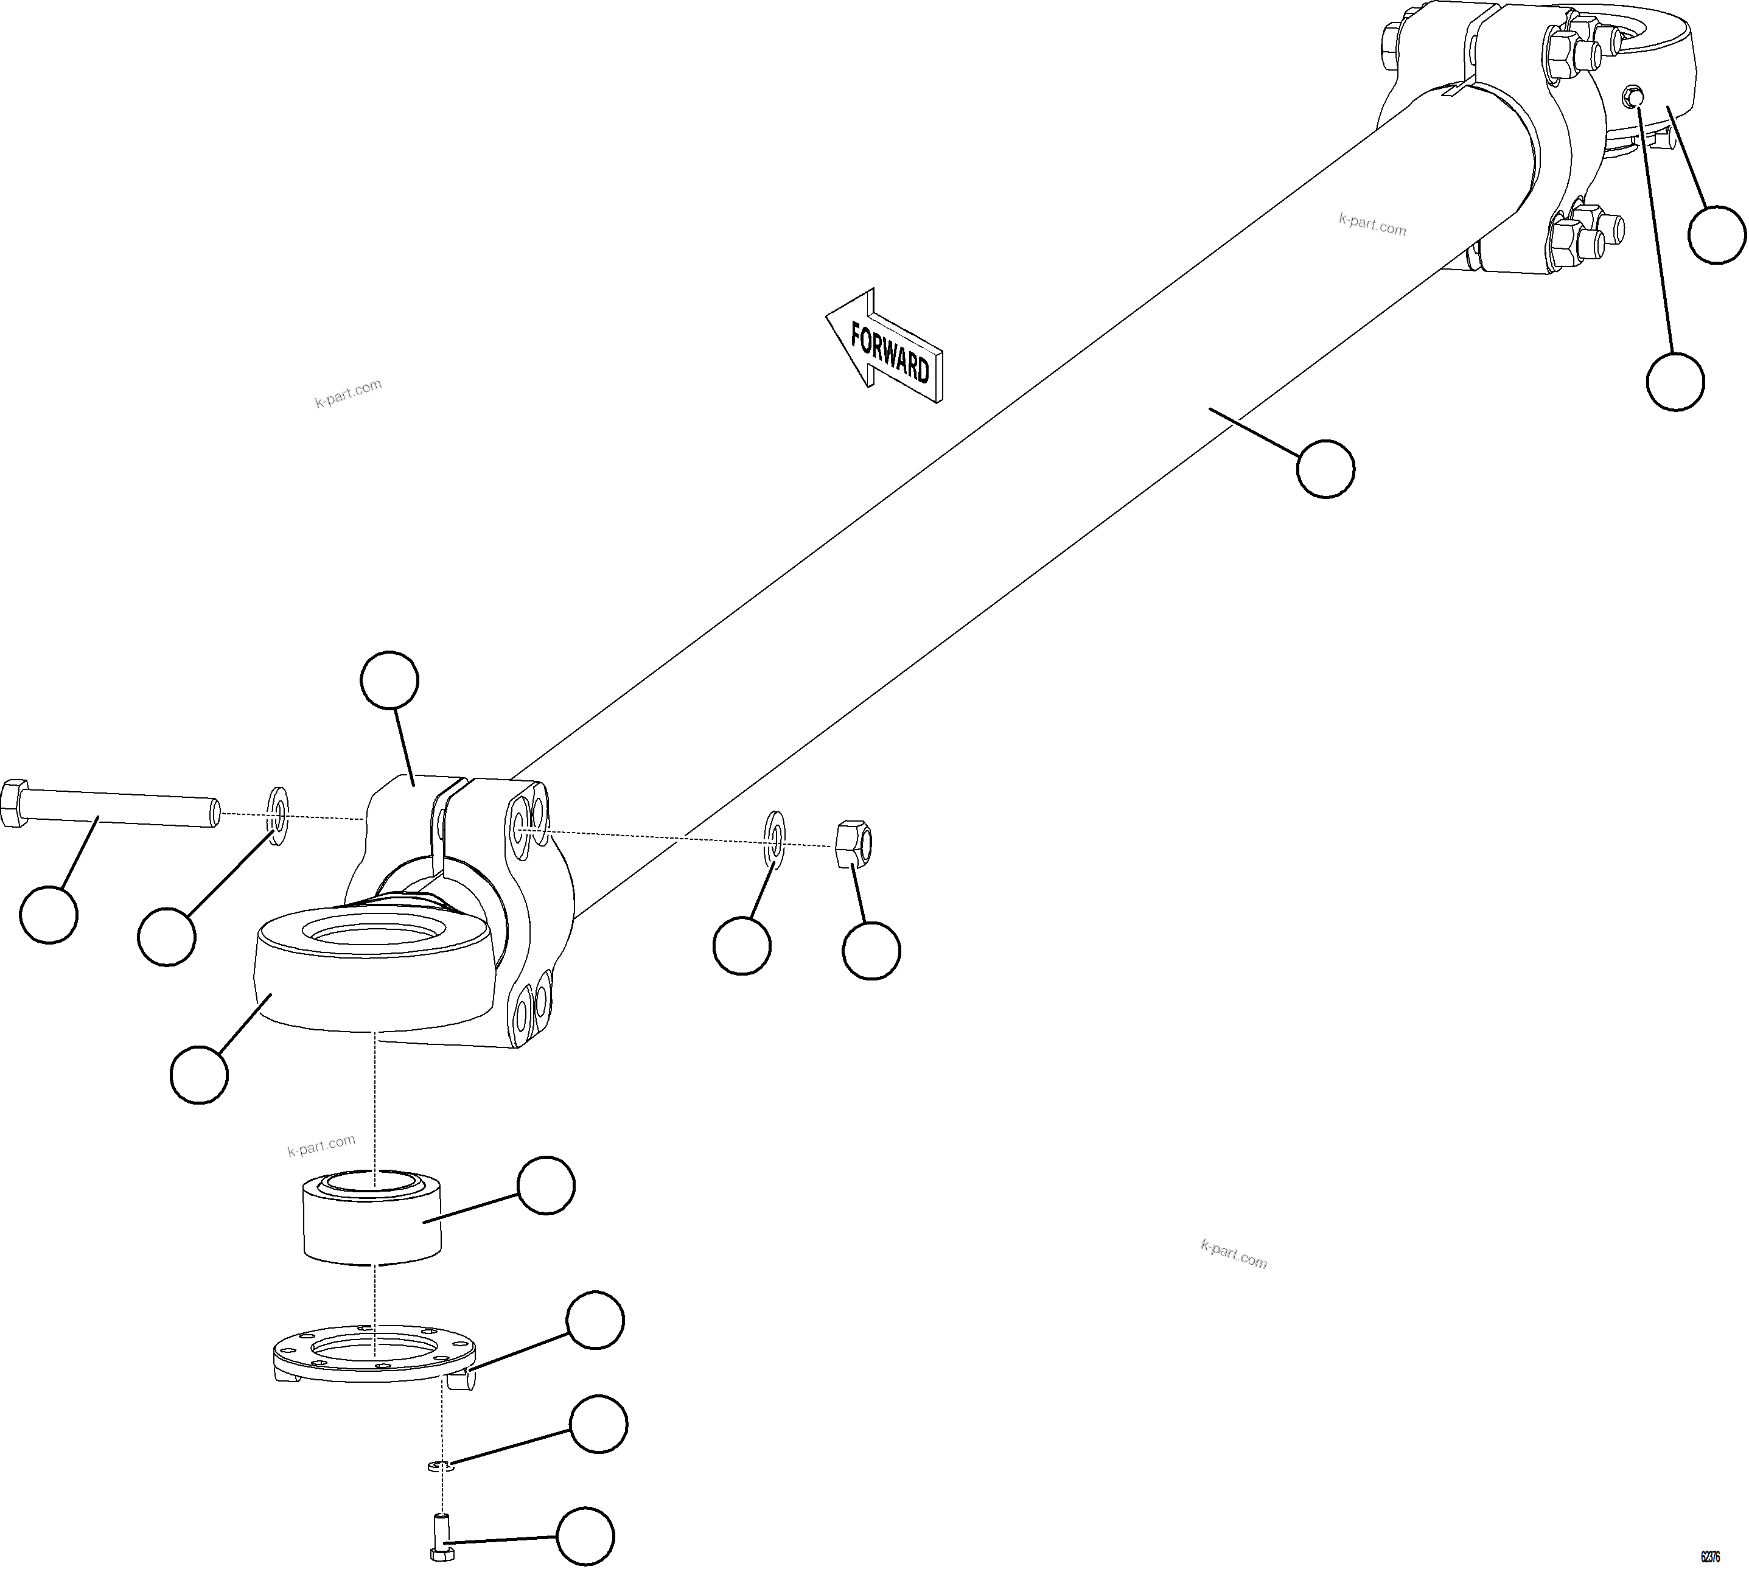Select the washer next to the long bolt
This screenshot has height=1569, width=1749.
(279, 816)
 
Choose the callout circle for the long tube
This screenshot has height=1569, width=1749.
(1325, 468)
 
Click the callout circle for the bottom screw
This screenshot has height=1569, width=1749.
(585, 1536)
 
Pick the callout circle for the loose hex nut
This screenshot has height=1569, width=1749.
(871, 950)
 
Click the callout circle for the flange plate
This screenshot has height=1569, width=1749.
(595, 1320)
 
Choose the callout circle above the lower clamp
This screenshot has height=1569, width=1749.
(389, 680)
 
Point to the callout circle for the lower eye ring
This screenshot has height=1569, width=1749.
(199, 1074)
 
